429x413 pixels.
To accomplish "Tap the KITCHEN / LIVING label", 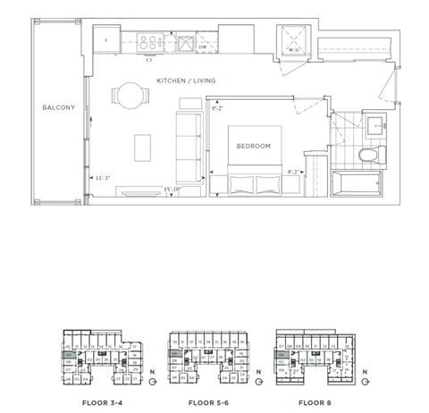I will (186, 81).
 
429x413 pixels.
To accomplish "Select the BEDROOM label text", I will (253, 145).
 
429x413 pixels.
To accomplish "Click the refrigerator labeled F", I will (108, 40).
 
